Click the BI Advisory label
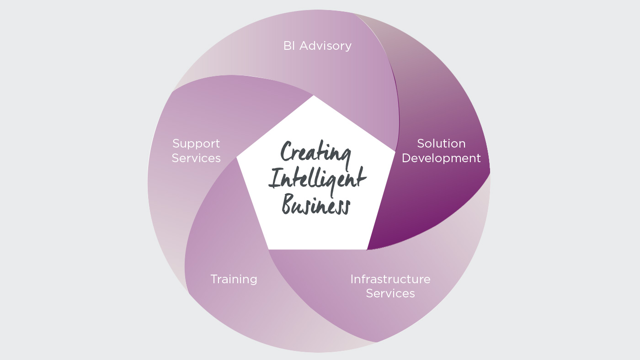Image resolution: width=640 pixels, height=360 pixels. point(317,46)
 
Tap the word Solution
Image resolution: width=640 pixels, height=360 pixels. point(442,143)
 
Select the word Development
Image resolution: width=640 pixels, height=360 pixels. point(442,159)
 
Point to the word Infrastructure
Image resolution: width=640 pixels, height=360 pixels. point(390,279)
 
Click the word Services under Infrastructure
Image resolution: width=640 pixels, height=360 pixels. point(390,293)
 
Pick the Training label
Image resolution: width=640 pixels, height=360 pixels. point(234,280)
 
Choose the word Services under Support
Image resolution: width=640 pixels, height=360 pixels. point(196,158)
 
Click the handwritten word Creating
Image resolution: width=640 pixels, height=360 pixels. point(315,154)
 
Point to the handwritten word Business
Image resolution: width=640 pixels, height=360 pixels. point(316,204)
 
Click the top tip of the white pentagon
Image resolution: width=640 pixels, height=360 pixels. point(314,95)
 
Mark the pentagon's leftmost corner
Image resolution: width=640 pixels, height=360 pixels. point(237,157)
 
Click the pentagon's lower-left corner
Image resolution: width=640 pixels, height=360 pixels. point(269,249)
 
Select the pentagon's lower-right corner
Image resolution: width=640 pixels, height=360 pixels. point(367,249)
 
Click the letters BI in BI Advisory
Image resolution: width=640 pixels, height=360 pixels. point(289,46)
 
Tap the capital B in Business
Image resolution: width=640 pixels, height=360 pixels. point(289,204)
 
